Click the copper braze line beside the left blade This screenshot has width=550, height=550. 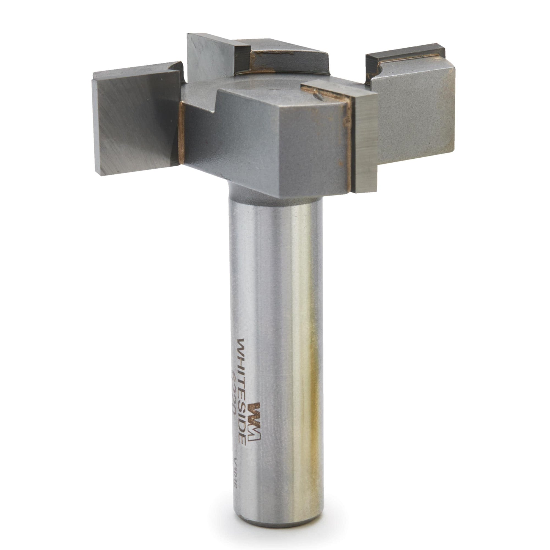pos(181,134)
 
